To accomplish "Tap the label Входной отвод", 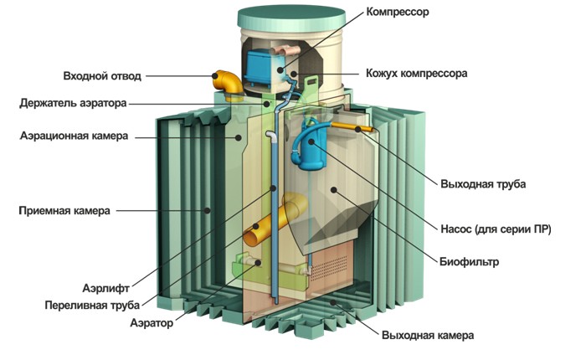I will pyautogui.click(x=102, y=76).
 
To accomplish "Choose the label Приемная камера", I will pyautogui.click(x=64, y=211).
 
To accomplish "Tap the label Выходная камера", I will pyautogui.click(x=427, y=335).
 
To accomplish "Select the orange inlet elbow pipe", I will pyautogui.click(x=227, y=84).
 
